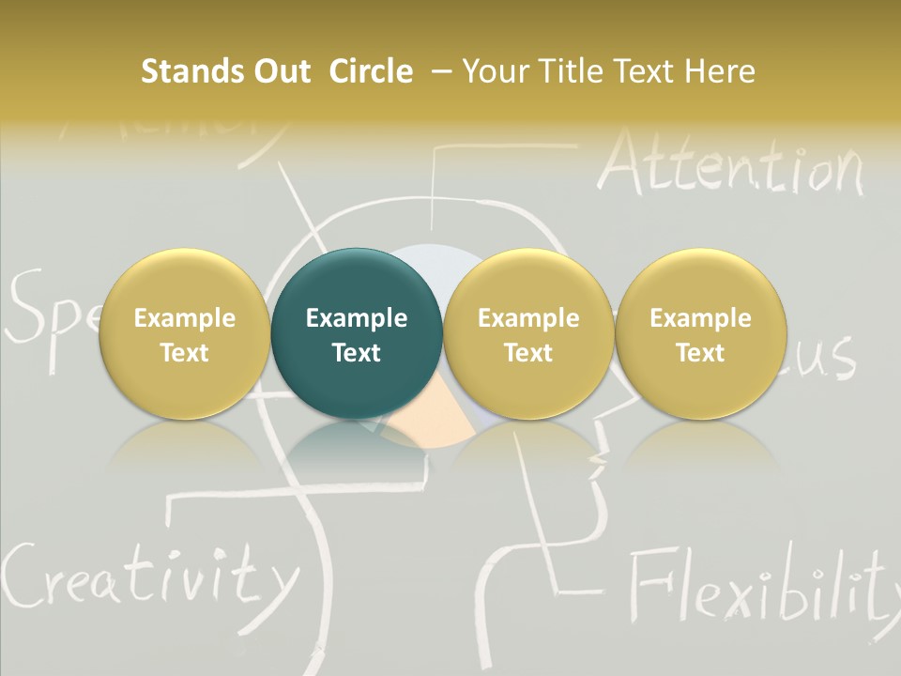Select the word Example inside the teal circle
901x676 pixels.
tap(356, 318)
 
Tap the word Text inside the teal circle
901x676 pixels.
tap(356, 353)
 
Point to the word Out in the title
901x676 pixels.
tap(279, 71)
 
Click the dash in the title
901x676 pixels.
tap(438, 71)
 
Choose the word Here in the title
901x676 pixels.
tap(721, 71)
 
